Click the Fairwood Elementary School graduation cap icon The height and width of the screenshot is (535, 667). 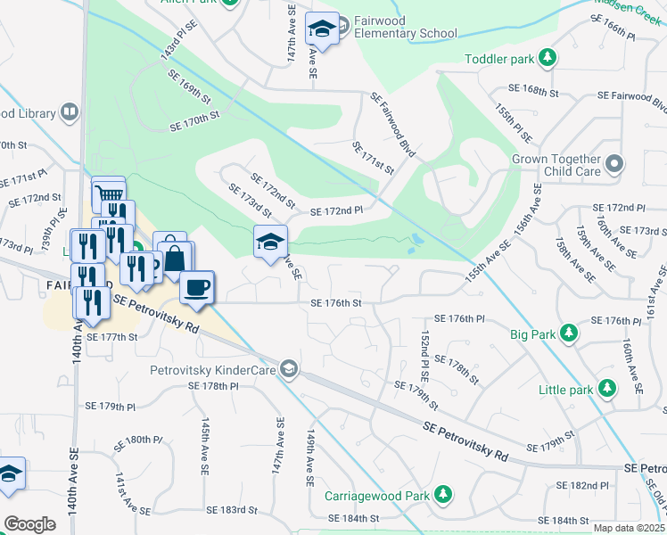point(322,29)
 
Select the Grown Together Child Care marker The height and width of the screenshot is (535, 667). point(613,164)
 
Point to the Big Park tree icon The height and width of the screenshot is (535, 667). point(568,334)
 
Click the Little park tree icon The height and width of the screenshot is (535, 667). point(607,389)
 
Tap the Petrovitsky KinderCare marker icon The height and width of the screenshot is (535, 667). point(288,367)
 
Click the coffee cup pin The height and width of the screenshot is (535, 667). point(197,287)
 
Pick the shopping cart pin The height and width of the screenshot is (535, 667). point(108,193)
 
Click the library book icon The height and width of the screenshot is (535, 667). point(70,112)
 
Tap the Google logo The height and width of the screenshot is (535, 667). point(29,523)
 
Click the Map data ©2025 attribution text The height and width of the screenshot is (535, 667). point(629,528)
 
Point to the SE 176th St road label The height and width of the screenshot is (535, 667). point(335,303)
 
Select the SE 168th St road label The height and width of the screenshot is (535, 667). point(532,91)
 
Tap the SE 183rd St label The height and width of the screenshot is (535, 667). point(232,510)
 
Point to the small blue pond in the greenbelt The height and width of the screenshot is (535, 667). point(415,242)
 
